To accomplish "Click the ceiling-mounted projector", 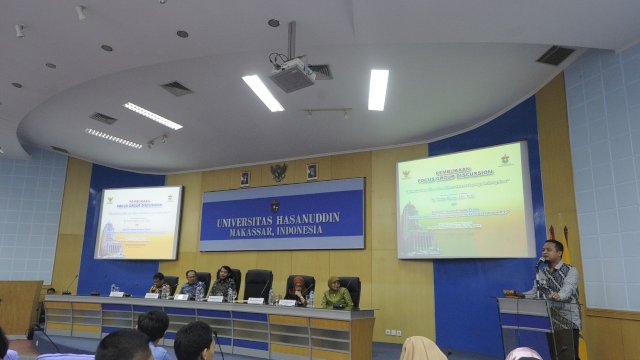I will (x=292, y=74).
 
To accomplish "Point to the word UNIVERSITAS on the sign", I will (x=241, y=219).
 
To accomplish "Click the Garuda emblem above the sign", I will (x=278, y=172).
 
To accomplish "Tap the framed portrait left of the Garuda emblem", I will (x=245, y=177).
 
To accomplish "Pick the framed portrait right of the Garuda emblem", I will (x=312, y=171).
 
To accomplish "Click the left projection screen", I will (x=138, y=222).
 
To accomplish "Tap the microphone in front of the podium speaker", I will (x=538, y=264).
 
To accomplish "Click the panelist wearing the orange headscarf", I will (x=299, y=289).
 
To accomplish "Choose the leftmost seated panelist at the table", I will (x=157, y=284).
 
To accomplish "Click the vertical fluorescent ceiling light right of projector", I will (x=377, y=89).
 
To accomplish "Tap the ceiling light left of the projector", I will (x=262, y=92).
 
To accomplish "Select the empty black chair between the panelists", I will (x=257, y=282).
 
